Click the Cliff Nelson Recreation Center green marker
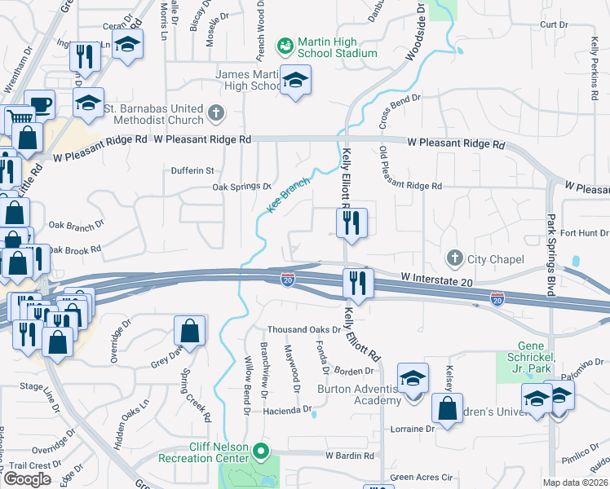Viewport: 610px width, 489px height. coord(260,451)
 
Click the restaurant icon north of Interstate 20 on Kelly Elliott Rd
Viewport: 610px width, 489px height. coord(351,222)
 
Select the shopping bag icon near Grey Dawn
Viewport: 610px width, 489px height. coord(189,331)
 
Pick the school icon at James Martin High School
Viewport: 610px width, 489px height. coord(295,81)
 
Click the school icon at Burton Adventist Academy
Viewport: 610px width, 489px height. coord(413,379)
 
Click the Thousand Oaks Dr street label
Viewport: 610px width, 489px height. coord(304,330)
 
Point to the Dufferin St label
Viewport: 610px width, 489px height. coord(192,171)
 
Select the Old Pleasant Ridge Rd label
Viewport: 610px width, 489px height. coord(411,187)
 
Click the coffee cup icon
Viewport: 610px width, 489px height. coord(39,105)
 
